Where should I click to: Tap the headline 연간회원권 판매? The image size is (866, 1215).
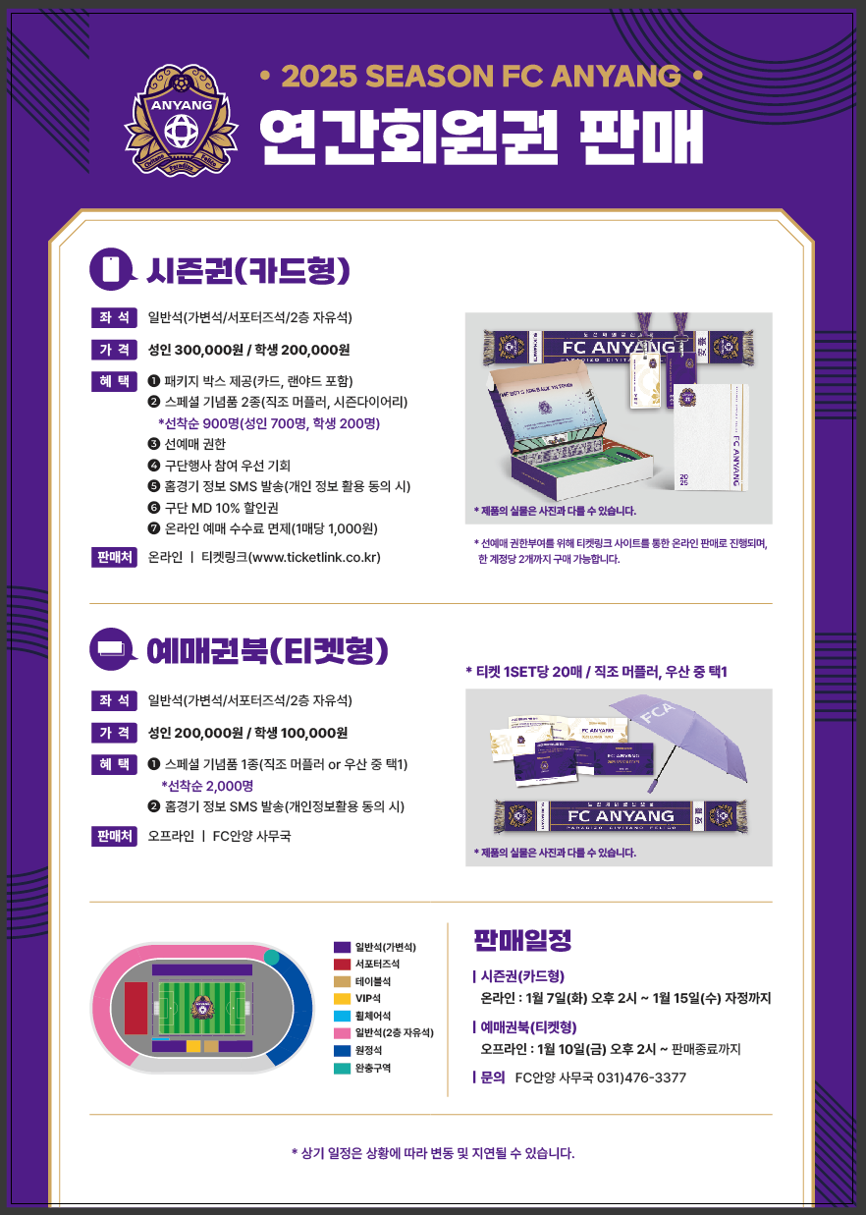[481, 137]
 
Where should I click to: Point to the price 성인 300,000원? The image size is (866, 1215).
[209, 350]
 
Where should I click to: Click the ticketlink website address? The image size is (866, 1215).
[315, 557]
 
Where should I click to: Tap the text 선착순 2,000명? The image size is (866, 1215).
[207, 786]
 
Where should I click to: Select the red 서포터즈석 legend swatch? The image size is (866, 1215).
[342, 965]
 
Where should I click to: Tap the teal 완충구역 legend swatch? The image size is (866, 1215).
[342, 1068]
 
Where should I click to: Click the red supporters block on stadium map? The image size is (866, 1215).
[135, 1008]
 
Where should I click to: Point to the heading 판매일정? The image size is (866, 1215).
[522, 940]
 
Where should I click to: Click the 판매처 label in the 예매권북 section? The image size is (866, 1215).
[115, 836]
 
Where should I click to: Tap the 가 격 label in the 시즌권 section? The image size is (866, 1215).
[115, 350]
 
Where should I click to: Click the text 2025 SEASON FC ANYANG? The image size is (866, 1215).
[481, 76]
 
